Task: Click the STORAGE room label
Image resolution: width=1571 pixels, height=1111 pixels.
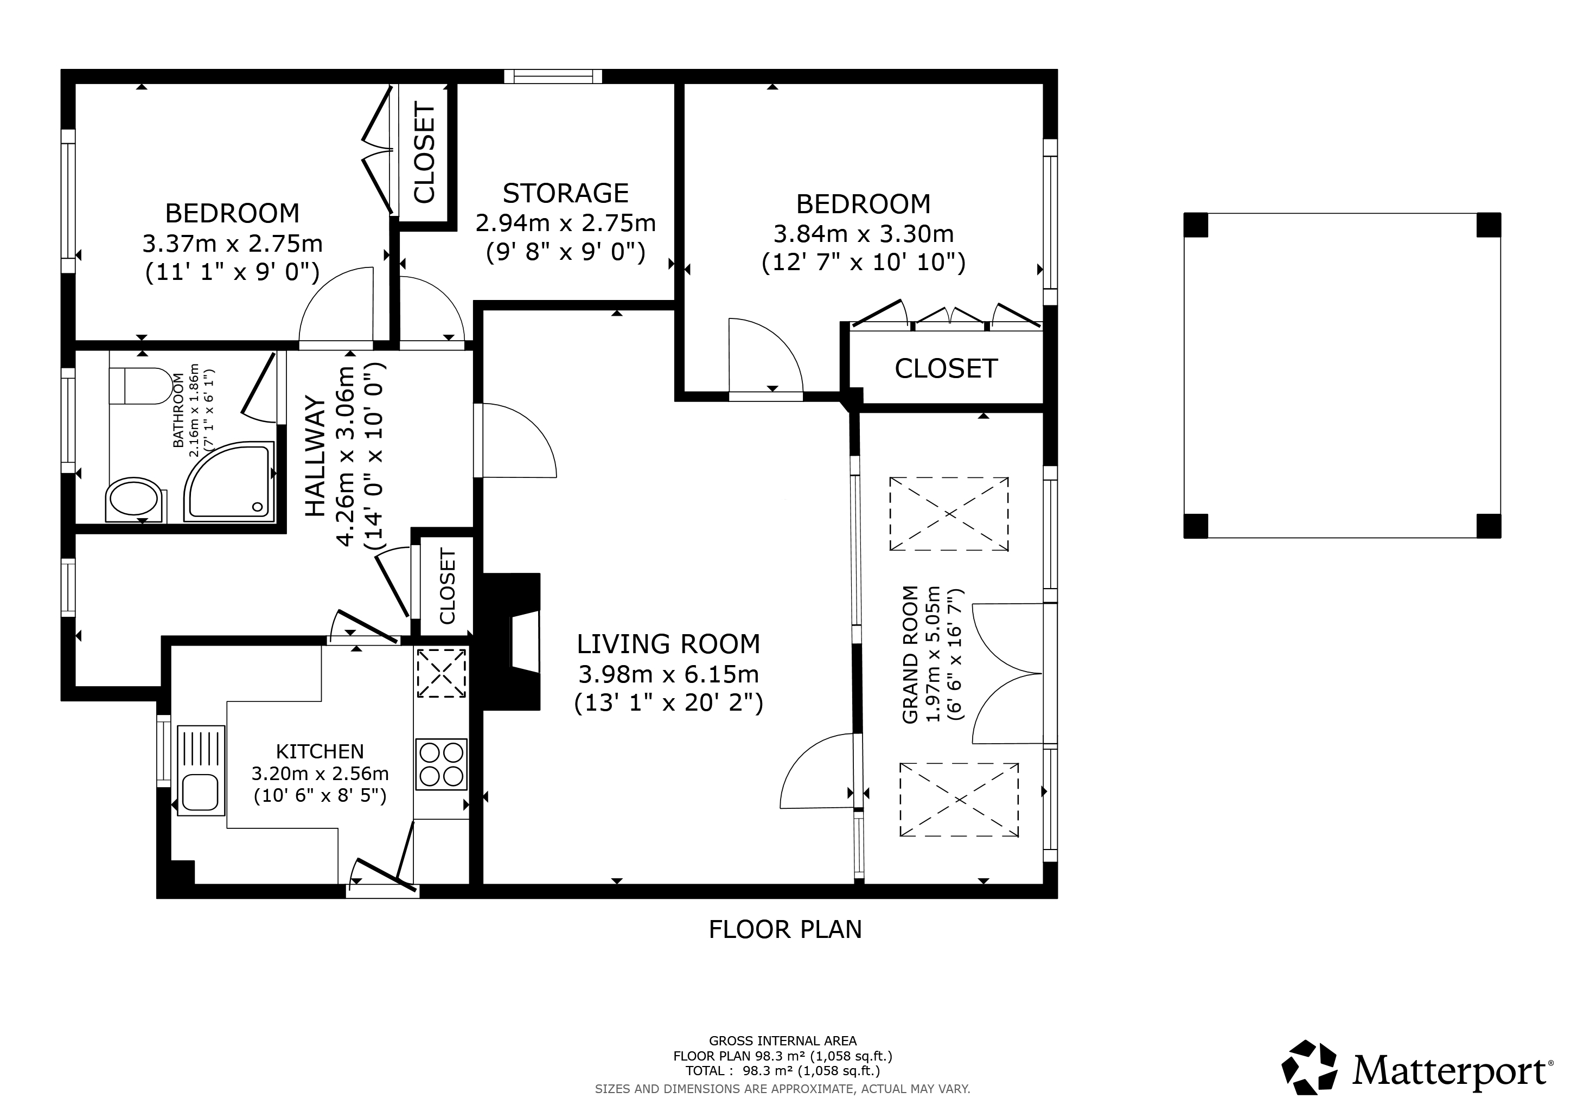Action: (x=565, y=194)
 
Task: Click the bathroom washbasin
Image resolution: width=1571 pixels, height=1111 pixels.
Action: (x=135, y=500)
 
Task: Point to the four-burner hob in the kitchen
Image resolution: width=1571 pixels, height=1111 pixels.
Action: (x=442, y=764)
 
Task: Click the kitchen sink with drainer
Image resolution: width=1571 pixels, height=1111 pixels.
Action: (x=201, y=770)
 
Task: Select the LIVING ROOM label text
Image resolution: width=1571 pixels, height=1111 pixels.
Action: (x=668, y=644)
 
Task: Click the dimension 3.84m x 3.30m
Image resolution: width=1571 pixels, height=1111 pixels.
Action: (x=863, y=234)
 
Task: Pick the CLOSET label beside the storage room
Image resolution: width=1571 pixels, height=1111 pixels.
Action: (x=424, y=153)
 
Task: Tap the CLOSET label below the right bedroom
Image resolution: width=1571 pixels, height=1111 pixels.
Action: (x=946, y=369)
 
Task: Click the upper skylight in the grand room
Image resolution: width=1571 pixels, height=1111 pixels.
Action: (x=948, y=514)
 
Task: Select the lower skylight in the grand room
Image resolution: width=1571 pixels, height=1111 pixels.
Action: (x=959, y=800)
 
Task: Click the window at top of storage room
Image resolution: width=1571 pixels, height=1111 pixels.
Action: (x=553, y=76)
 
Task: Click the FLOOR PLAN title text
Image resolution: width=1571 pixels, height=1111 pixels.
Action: (x=785, y=930)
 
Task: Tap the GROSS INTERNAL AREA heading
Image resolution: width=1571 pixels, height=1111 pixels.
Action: (x=782, y=1041)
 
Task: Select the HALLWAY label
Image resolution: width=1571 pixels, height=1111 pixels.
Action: (x=314, y=456)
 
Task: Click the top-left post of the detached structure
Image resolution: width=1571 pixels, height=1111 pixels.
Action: (x=1196, y=225)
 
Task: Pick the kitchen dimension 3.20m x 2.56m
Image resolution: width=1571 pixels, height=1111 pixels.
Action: (x=320, y=774)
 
